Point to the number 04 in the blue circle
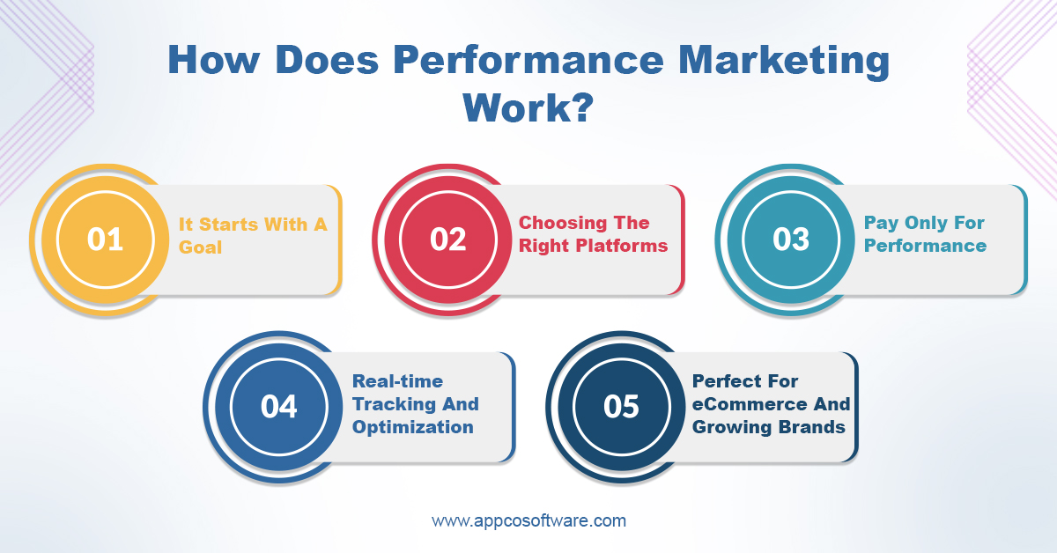[x=278, y=407]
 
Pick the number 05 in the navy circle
[x=621, y=407]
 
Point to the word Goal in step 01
[x=201, y=247]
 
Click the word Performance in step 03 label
[x=925, y=246]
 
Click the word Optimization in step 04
[x=413, y=427]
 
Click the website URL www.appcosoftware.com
[x=528, y=520]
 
